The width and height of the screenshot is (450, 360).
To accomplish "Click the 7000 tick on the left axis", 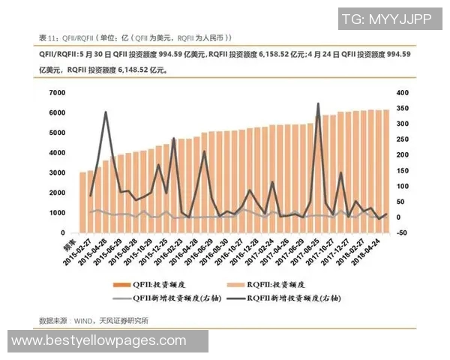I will (57, 92).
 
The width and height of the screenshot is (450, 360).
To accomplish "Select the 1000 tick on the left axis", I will (57, 213).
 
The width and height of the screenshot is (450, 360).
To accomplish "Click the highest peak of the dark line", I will (318, 103).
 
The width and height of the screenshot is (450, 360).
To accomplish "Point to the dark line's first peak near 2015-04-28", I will (106, 112).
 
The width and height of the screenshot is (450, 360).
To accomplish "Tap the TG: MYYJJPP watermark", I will (387, 20).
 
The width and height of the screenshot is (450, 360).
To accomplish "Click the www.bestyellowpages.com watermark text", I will (99, 341).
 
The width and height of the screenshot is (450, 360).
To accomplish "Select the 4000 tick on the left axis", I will (57, 152).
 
